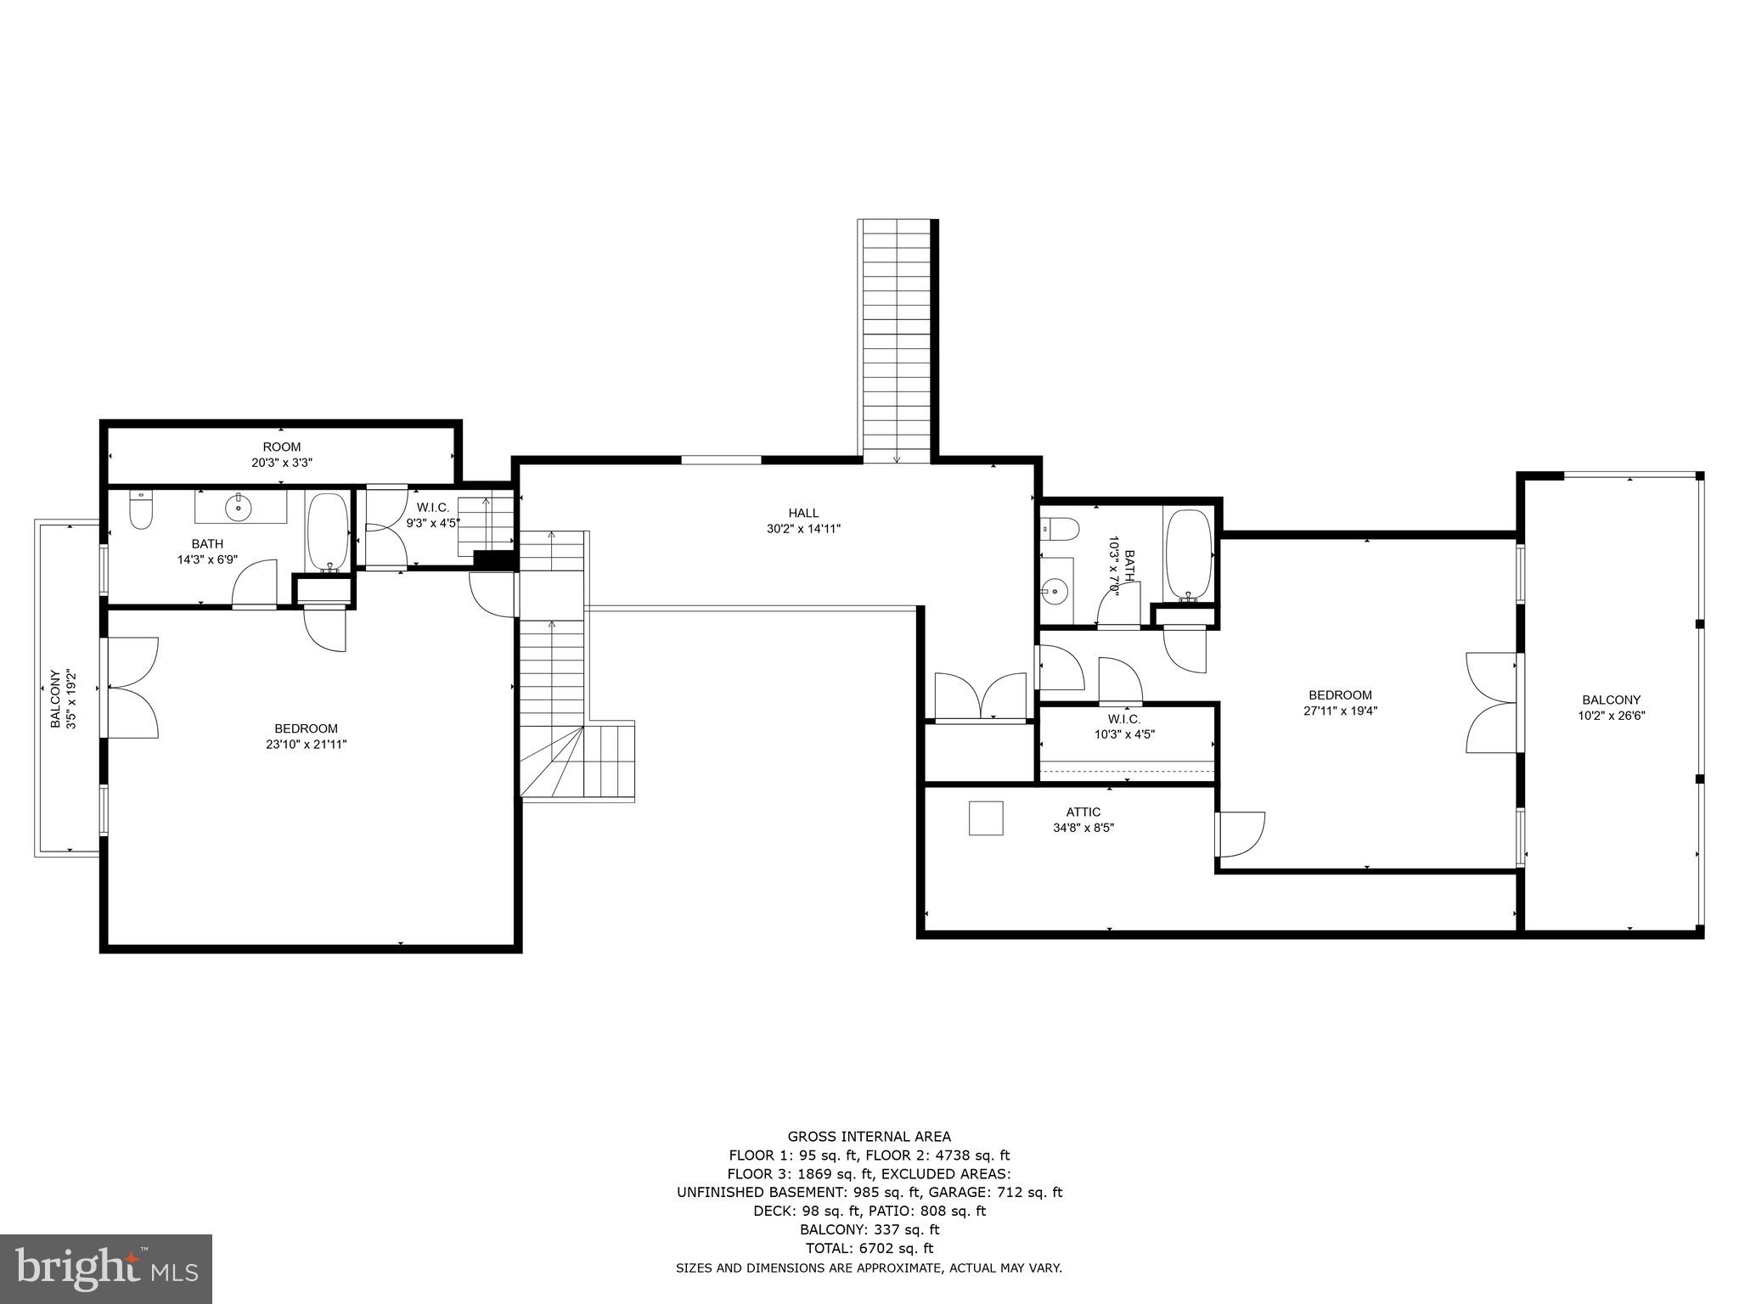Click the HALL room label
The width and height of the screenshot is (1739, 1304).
coord(803,513)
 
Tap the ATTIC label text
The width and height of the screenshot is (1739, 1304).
coord(1083,812)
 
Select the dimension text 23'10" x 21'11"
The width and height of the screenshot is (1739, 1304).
coord(306,745)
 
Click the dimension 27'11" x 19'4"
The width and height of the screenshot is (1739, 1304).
coord(1340,711)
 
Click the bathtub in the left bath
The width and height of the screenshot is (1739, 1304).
coord(327,531)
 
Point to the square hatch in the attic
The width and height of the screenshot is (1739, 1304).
coord(986,818)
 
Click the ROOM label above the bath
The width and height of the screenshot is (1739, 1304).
coord(281,447)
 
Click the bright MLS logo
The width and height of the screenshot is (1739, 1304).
coord(106,1269)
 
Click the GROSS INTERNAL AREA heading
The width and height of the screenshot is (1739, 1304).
coord(869,1136)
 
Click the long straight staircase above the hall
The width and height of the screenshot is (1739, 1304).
coord(897,340)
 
